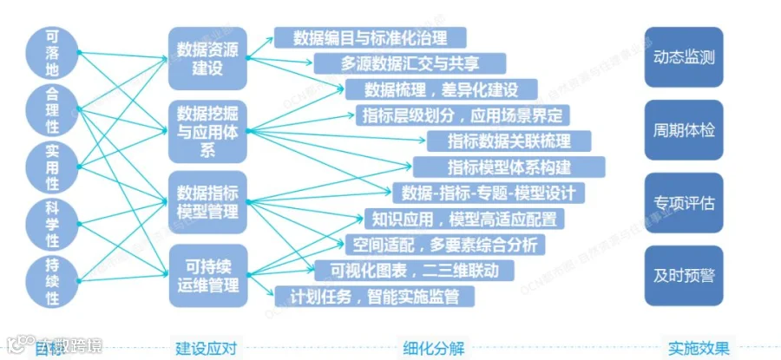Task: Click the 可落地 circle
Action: pos(51,52)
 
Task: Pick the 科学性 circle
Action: pos(51,223)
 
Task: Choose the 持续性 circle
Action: pos(51,280)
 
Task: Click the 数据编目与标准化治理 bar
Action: pos(371,38)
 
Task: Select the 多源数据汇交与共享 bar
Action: pos(410,63)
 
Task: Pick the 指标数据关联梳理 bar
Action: pos(509,141)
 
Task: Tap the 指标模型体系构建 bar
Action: pos(509,166)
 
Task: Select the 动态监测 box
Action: pos(684,57)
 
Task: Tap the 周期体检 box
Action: pos(684,131)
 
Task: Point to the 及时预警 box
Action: pos(684,277)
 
